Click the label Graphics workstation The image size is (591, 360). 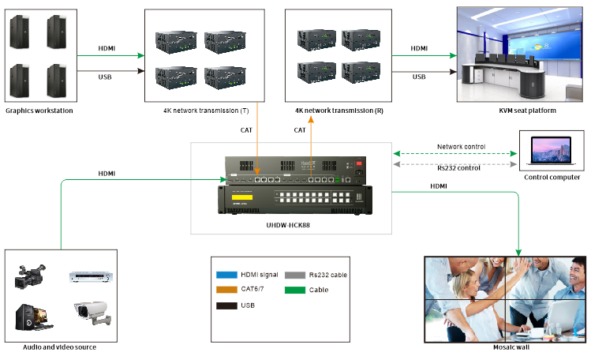(x=39, y=111)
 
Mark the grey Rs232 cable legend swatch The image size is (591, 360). (x=296, y=275)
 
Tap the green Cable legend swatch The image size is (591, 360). (x=296, y=290)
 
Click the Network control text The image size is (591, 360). (x=461, y=147)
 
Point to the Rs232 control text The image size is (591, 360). (x=459, y=167)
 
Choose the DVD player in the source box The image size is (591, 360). (x=88, y=277)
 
